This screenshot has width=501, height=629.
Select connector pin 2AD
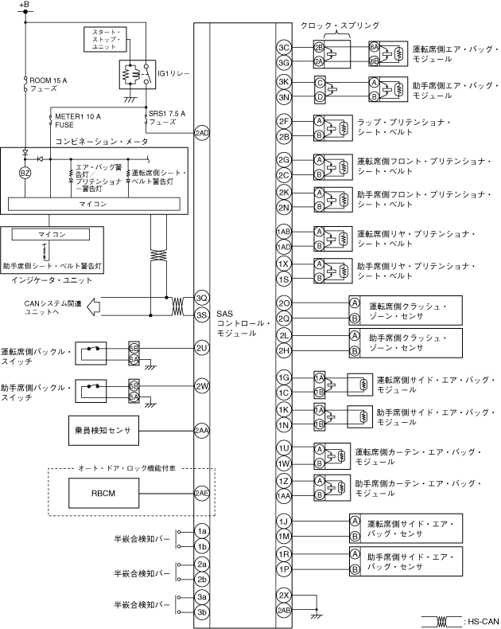click(201, 132)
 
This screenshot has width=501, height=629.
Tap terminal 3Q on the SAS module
click(201, 298)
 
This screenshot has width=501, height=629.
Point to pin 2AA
click(201, 431)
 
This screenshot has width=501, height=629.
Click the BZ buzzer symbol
click(25, 172)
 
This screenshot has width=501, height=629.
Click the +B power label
click(24, 6)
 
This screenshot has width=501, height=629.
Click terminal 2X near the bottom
click(283, 596)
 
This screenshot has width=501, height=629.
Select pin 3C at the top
click(283, 47)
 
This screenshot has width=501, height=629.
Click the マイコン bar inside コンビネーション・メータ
click(98, 204)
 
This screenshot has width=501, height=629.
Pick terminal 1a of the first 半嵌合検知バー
click(202, 531)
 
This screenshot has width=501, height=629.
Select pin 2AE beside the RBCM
click(201, 493)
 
